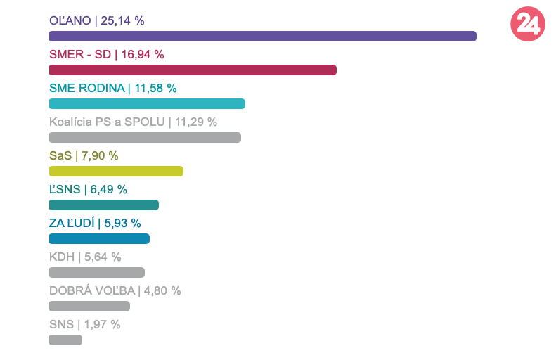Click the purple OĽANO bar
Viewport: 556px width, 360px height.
click(x=263, y=37)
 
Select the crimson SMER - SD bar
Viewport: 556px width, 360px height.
click(x=193, y=70)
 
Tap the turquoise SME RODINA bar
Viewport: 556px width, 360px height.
click(x=147, y=104)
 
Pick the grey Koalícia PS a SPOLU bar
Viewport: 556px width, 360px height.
click(x=145, y=138)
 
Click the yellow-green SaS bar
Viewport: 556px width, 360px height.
click(x=116, y=172)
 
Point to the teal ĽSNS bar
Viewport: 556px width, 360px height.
click(x=104, y=205)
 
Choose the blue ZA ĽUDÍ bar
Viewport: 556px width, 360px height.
click(x=99, y=239)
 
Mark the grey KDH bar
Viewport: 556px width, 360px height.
click(x=97, y=273)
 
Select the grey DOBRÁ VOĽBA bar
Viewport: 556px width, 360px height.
click(x=89, y=307)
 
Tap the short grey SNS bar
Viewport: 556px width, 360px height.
click(x=65, y=340)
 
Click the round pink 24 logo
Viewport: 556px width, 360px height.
click(x=527, y=25)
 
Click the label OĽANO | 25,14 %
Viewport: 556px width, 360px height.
click(x=97, y=20)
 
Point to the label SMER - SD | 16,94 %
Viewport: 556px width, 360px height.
click(x=107, y=54)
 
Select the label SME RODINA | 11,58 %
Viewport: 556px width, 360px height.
click(x=113, y=88)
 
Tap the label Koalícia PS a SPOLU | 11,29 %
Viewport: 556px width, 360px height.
click(x=133, y=122)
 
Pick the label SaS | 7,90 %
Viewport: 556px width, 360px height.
click(x=84, y=155)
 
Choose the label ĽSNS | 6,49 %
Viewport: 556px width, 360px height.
click(x=88, y=189)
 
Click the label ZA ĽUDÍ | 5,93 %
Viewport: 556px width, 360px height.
click(x=95, y=223)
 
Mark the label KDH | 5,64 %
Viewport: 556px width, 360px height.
click(x=85, y=257)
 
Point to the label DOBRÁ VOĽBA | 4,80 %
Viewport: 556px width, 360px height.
click(x=115, y=290)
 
